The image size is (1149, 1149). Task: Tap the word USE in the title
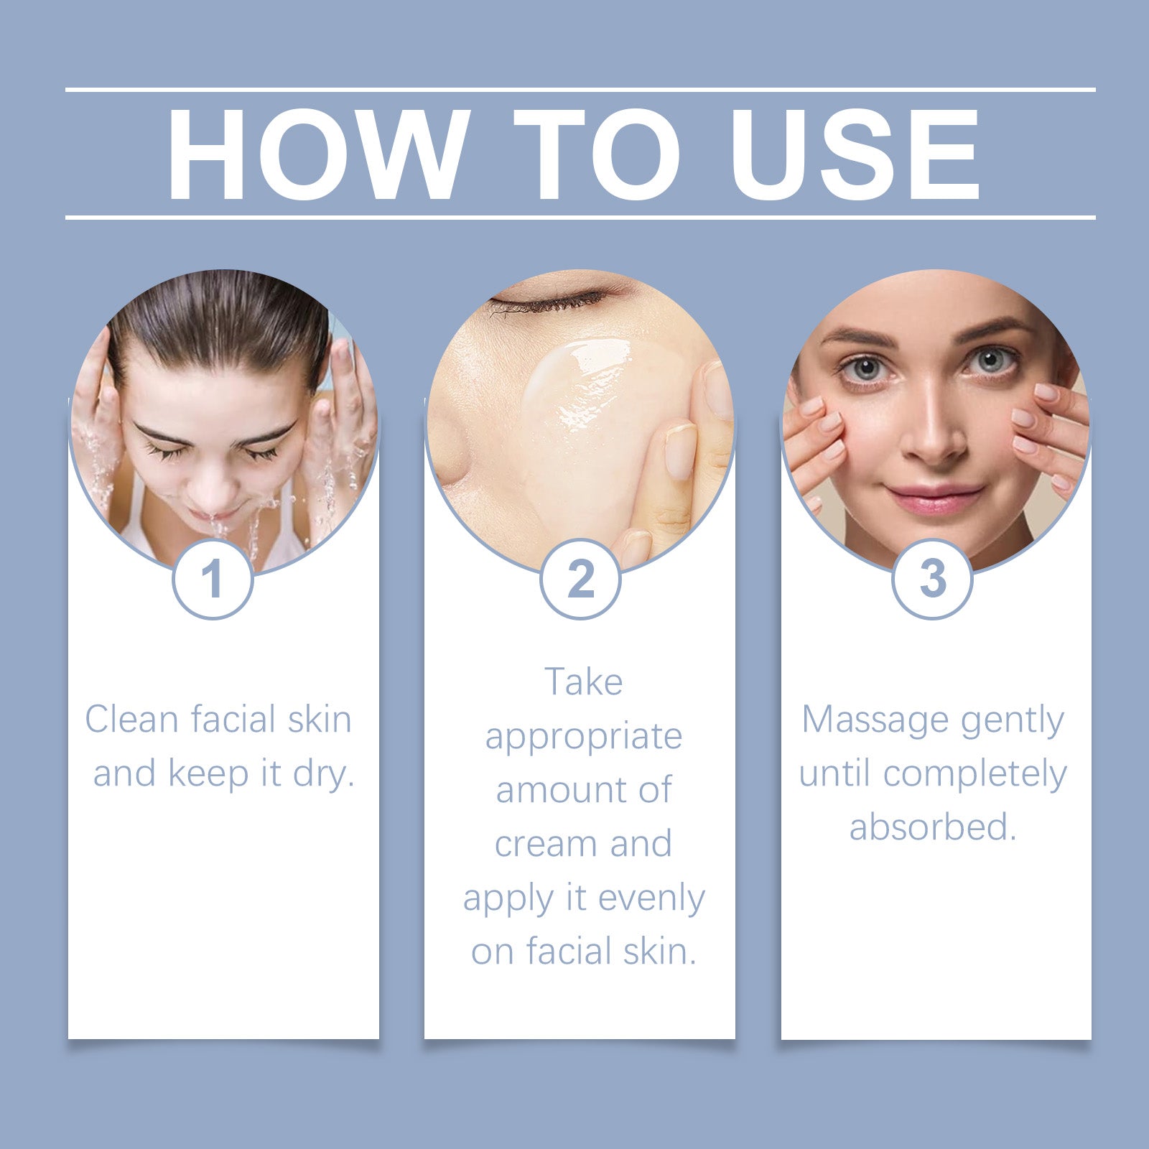(854, 154)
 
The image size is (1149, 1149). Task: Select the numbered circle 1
(213, 579)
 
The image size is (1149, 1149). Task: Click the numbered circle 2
(580, 579)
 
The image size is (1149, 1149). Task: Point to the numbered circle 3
(932, 579)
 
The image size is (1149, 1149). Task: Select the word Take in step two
(583, 682)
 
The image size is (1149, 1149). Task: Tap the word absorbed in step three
(932, 827)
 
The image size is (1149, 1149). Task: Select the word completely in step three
(974, 774)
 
